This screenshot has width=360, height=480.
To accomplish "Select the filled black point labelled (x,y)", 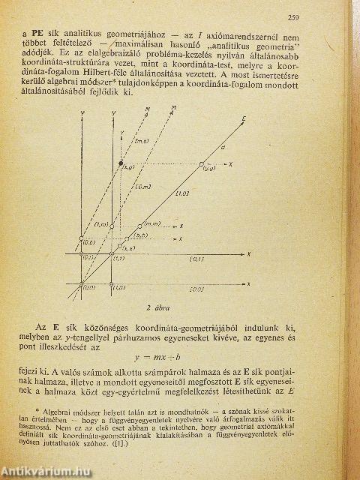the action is pos(121,163).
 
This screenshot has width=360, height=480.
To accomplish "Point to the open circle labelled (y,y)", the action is pos(201,164).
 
